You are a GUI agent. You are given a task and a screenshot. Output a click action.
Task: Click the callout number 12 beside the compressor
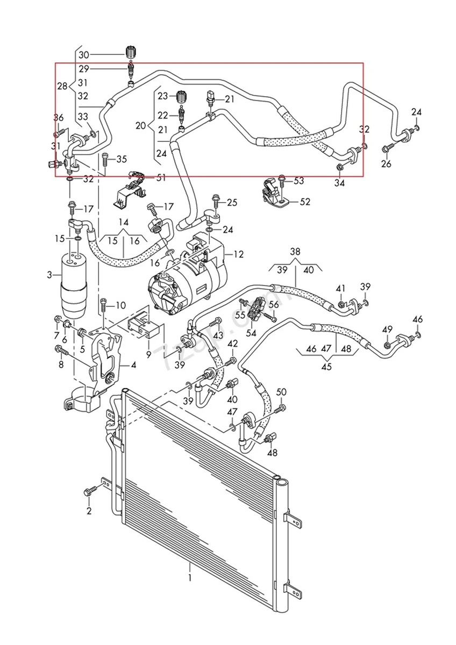238,254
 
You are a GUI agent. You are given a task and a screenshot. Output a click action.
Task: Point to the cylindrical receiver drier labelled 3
74,285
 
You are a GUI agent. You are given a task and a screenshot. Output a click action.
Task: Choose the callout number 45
326,367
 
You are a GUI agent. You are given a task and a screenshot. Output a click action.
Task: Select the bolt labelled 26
387,149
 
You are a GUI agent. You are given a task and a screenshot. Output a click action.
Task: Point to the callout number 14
123,222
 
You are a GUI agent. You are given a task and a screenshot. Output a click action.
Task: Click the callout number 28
62,87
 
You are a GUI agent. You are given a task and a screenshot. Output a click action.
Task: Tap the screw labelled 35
105,160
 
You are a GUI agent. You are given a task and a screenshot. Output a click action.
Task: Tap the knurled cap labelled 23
182,97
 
